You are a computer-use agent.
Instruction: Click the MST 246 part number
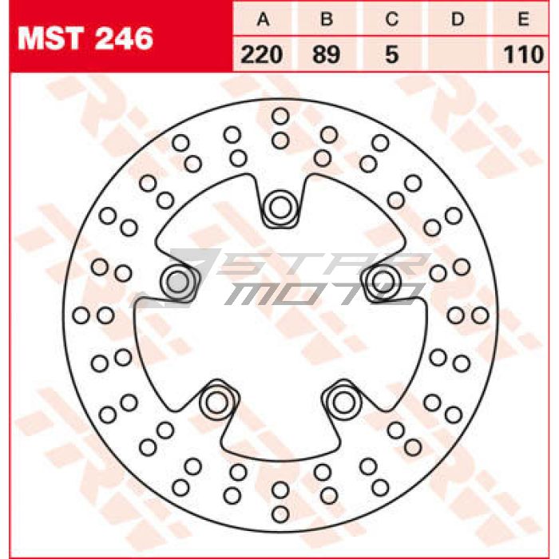[x=85, y=38]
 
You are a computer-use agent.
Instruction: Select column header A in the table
[x=263, y=19]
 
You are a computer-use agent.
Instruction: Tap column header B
[x=327, y=19]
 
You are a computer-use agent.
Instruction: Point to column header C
[x=392, y=19]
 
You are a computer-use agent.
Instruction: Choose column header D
[x=458, y=19]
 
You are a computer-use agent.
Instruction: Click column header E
[x=523, y=19]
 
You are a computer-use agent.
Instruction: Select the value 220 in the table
[x=262, y=55]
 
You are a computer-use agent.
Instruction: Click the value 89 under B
[x=326, y=55]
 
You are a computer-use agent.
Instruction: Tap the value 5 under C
[x=392, y=55]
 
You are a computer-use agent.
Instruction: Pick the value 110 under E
[x=523, y=55]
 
